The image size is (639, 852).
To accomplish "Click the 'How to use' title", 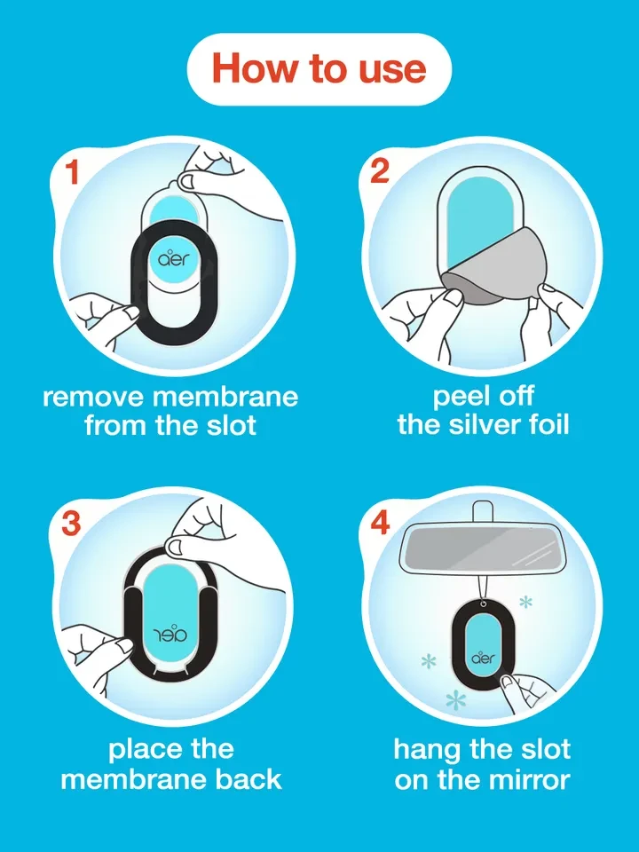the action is coord(319,69).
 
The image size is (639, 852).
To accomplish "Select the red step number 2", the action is coord(380,170).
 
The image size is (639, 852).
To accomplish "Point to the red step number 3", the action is coord(71,523).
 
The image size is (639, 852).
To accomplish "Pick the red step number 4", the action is coord(380,523).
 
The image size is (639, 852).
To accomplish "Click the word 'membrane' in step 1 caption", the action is coord(225,397).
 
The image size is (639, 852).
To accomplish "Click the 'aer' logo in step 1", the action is coord(171,258).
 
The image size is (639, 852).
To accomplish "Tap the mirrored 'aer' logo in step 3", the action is coord(171,633).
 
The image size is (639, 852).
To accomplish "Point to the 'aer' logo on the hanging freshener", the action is coord(483,658).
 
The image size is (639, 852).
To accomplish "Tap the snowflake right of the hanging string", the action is coord(526,602).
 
